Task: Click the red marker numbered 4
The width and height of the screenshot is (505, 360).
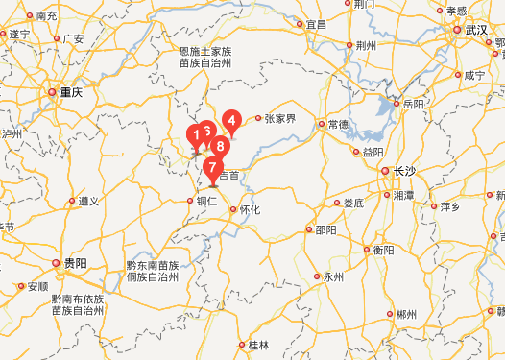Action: click(230, 121)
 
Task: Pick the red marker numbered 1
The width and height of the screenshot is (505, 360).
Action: click(197, 134)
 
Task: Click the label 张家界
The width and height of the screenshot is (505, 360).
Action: click(280, 120)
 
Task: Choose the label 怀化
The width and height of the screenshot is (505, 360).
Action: click(250, 209)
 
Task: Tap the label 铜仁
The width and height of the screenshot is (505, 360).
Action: click(207, 202)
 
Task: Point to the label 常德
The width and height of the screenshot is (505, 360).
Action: click(338, 125)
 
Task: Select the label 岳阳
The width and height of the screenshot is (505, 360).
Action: click(412, 103)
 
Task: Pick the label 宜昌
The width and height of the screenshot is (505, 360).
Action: click(316, 24)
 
